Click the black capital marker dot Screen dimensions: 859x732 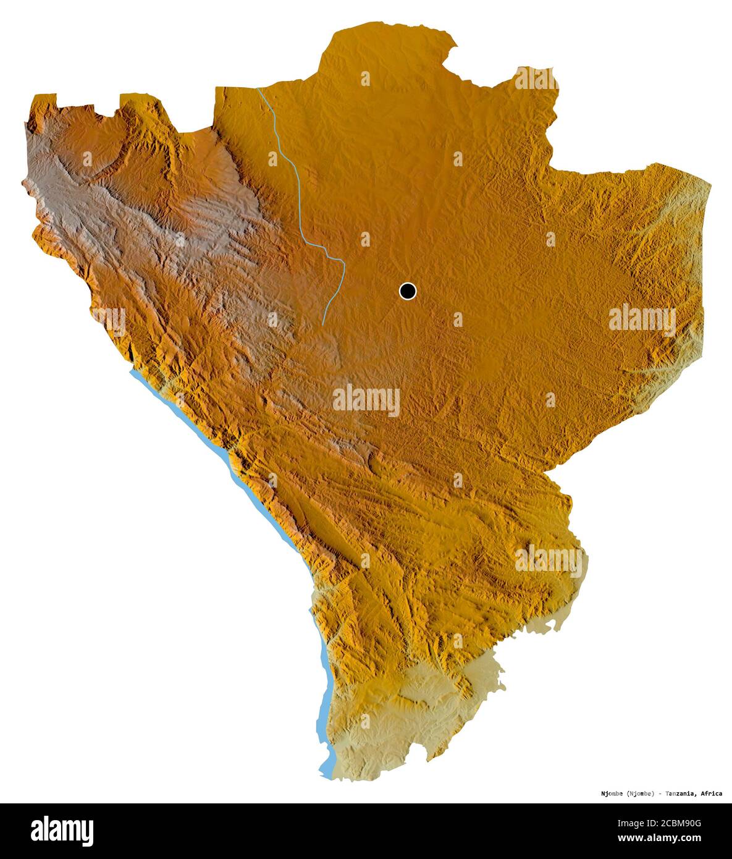(x=408, y=290)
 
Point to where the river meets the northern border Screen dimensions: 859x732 (x=258, y=89)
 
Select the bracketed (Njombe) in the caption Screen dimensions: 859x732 (x=636, y=793)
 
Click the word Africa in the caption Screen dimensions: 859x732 (x=711, y=793)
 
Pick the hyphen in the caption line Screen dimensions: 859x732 (x=659, y=793)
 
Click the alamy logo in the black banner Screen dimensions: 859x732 (x=62, y=831)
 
